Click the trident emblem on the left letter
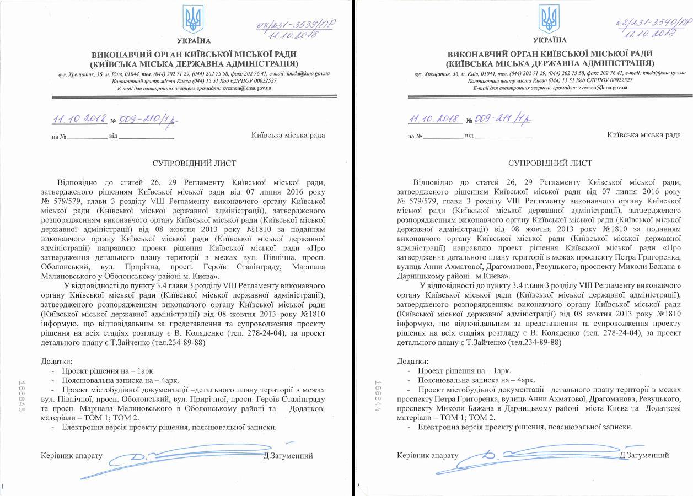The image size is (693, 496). click(x=194, y=19)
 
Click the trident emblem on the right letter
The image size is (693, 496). click(x=550, y=19)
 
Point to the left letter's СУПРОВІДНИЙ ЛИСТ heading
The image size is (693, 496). click(x=194, y=164)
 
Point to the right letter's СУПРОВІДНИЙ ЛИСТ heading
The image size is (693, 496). click(x=550, y=164)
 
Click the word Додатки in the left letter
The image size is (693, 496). click(x=56, y=362)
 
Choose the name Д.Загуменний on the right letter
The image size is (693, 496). click(x=644, y=455)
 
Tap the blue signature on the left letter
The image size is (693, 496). click(x=182, y=455)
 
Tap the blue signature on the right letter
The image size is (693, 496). click(x=538, y=455)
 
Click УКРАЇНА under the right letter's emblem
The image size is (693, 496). click(x=550, y=40)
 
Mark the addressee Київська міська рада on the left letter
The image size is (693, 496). click(x=288, y=135)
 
